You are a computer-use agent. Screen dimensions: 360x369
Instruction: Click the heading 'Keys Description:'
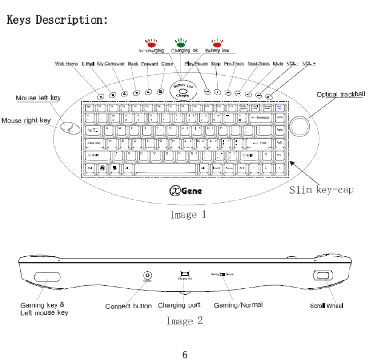point(57,20)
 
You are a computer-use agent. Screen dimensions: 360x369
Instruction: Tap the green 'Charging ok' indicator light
point(181,44)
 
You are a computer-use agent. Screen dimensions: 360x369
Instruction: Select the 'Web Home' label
point(66,64)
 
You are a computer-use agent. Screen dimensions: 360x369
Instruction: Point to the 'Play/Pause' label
point(196,64)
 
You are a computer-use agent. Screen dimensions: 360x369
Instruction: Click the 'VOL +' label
point(309,64)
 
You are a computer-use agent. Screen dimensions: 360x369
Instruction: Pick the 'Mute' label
point(278,64)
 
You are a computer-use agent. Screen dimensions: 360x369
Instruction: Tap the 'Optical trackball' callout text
point(341,95)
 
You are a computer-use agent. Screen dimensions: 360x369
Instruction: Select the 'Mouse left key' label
point(38,98)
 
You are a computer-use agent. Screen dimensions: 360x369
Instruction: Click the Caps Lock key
point(94,143)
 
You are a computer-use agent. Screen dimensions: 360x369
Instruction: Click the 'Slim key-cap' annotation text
point(322,190)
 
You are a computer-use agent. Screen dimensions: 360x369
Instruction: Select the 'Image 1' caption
point(189,215)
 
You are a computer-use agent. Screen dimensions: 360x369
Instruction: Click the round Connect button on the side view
point(148,276)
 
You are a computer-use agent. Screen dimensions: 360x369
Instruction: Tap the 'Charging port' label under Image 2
point(179,305)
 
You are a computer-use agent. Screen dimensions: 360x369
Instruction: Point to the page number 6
point(185,354)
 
